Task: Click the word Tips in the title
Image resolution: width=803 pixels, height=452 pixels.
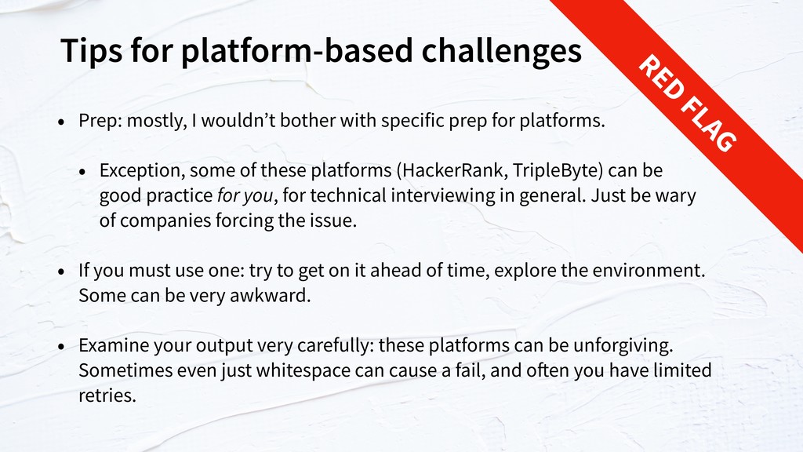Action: [91, 51]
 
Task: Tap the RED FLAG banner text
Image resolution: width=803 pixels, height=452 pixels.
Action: [687, 103]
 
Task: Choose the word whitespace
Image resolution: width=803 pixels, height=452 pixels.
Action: [303, 370]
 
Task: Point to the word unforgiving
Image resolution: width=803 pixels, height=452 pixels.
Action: [623, 345]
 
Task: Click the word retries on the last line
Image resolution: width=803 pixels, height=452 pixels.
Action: [107, 395]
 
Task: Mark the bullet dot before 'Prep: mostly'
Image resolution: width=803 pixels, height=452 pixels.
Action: [61, 122]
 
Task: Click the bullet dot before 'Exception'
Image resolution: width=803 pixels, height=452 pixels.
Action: [82, 172]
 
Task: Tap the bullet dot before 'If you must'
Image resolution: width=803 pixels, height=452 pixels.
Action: [61, 272]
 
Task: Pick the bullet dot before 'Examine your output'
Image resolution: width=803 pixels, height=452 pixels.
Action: [61, 347]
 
